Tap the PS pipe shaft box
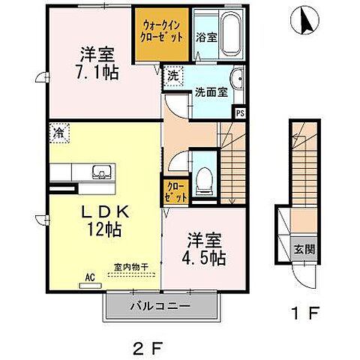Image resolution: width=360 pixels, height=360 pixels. pyautogui.click(x=240, y=113)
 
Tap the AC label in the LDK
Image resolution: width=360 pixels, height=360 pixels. pyautogui.click(x=89, y=277)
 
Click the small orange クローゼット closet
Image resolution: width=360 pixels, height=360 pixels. pyautogui.click(x=173, y=190)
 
